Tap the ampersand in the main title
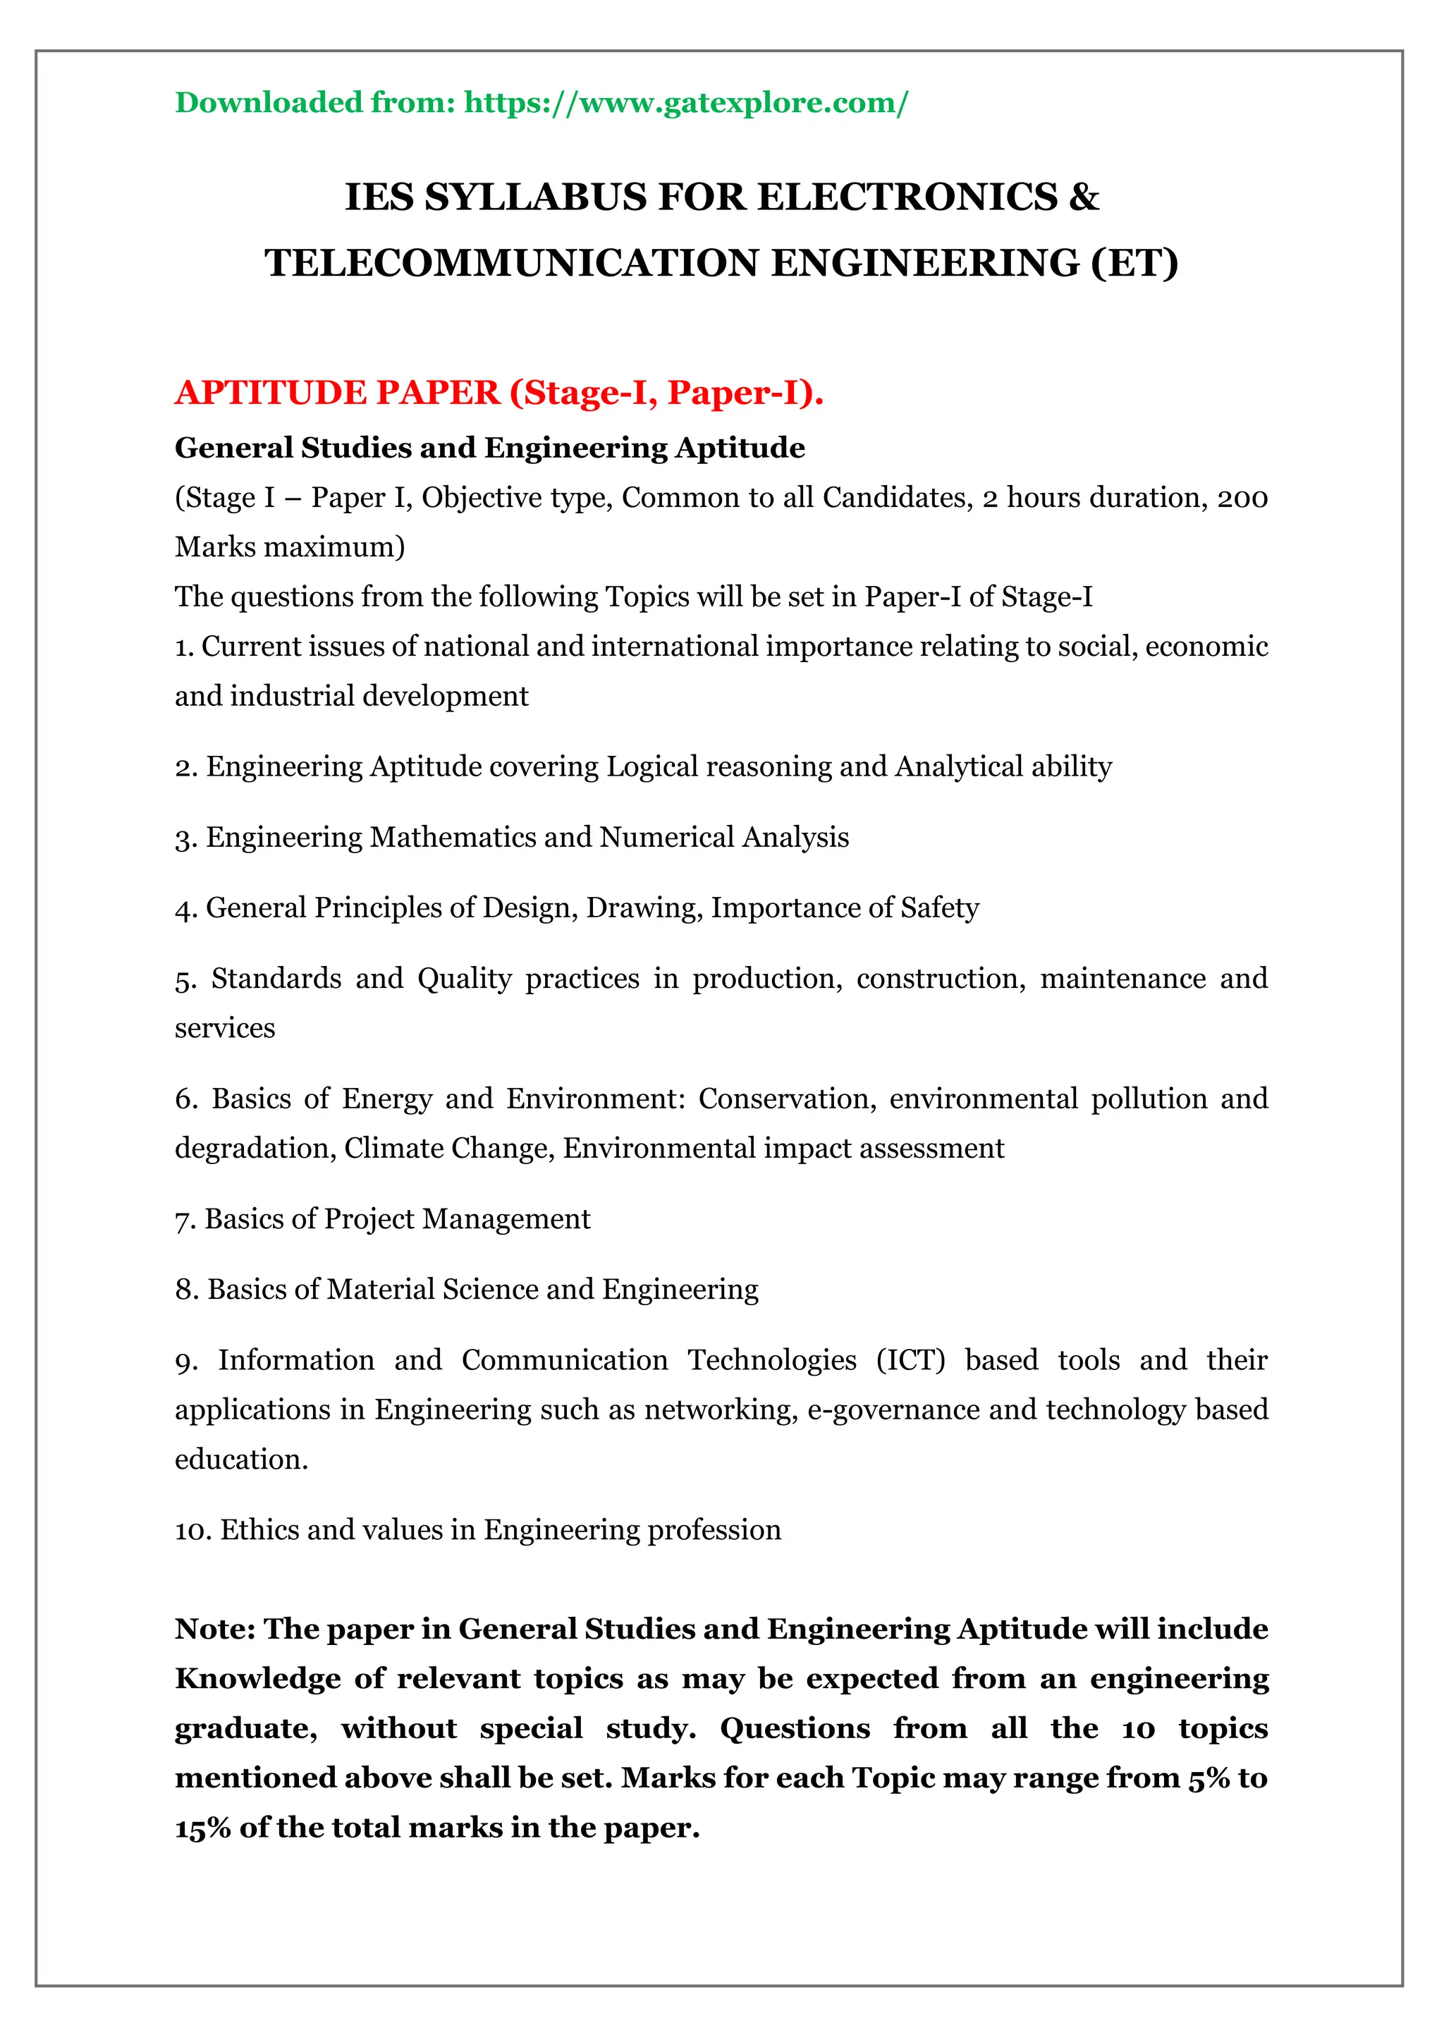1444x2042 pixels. (1083, 197)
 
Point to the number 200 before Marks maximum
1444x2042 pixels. (1242, 498)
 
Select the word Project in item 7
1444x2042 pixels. (368, 1219)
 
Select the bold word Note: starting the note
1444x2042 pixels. (215, 1630)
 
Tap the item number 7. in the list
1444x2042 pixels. (185, 1221)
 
